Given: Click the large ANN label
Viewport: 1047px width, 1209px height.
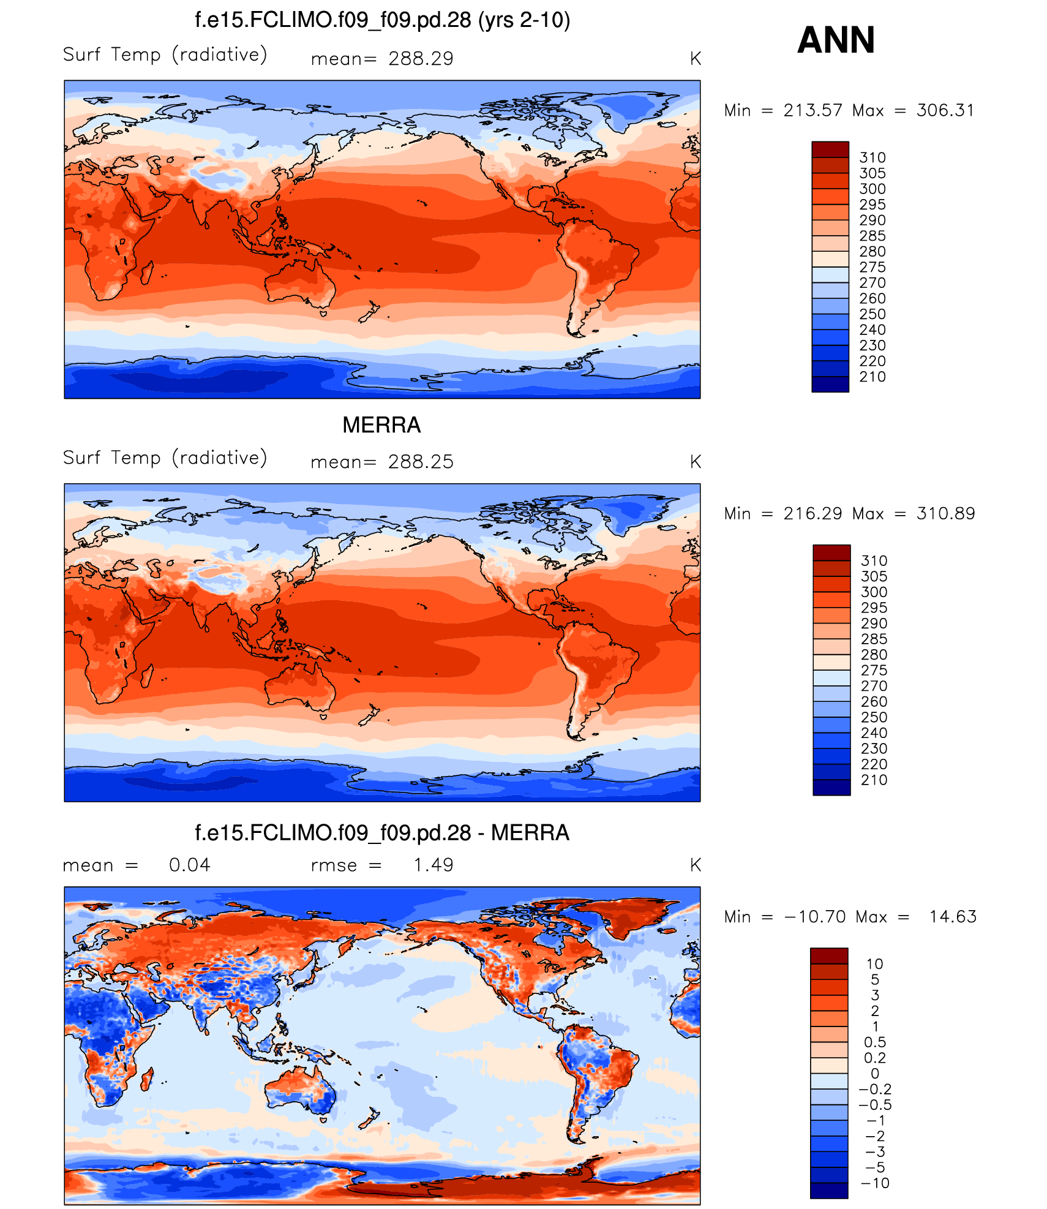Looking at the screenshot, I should [x=836, y=40].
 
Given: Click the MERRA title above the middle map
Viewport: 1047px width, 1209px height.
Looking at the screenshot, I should [x=381, y=425].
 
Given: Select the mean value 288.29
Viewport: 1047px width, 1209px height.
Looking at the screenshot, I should [x=421, y=59].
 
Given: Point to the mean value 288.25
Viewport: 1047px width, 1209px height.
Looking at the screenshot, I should [x=421, y=462].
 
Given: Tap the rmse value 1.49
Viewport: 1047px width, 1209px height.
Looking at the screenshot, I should [x=433, y=865].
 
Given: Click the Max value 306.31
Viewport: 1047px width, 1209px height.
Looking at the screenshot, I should [x=945, y=110].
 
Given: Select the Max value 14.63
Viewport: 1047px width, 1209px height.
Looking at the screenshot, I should [x=953, y=916].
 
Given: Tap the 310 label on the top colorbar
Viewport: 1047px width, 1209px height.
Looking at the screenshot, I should [x=872, y=158].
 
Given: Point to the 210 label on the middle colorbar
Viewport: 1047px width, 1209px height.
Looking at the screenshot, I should [x=874, y=780].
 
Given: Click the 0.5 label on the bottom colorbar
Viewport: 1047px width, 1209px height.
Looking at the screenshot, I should [x=875, y=1042].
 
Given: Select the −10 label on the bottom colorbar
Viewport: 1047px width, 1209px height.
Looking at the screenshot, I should [x=874, y=1183].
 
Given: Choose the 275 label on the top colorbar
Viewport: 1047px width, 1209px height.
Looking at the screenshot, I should [x=872, y=268].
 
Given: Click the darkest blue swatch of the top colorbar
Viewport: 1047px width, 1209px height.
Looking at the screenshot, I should [x=830, y=384].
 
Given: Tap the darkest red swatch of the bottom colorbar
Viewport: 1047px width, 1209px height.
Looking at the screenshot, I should [x=829, y=956].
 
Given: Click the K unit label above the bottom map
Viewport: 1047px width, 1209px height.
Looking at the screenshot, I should [x=696, y=865].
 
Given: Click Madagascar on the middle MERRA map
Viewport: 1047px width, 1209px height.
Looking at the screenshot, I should [x=147, y=675].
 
